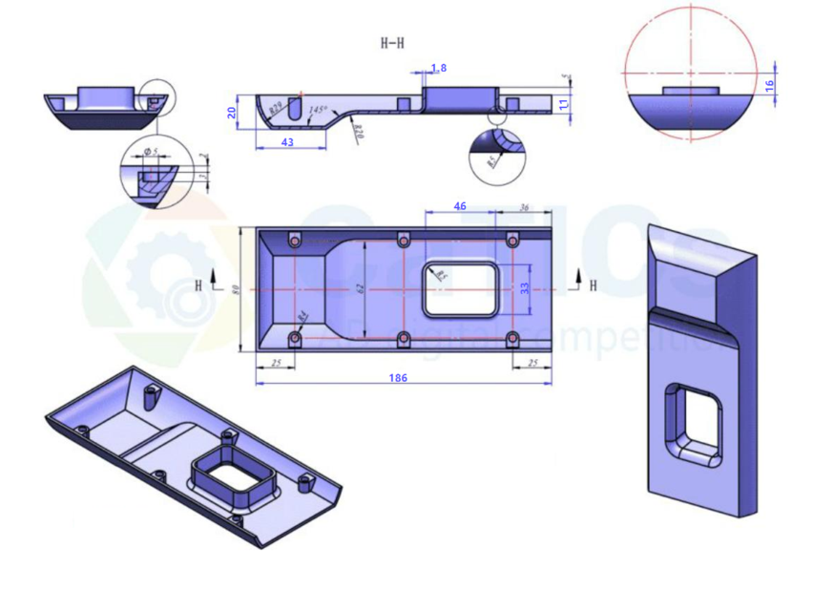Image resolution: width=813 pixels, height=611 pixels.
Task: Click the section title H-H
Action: (x=391, y=43)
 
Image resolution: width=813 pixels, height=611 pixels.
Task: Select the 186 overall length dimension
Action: (x=398, y=378)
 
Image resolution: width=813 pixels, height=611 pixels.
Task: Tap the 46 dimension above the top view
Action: (x=460, y=206)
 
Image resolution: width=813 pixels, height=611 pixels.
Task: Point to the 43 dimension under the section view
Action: (x=287, y=141)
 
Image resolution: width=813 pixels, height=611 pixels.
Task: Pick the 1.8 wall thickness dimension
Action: (x=438, y=68)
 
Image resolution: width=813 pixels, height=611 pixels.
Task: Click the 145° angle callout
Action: (x=318, y=111)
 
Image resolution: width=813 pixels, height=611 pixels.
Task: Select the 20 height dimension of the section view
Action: (x=232, y=112)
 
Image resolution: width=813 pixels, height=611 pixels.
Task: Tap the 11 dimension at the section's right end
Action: (x=563, y=102)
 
